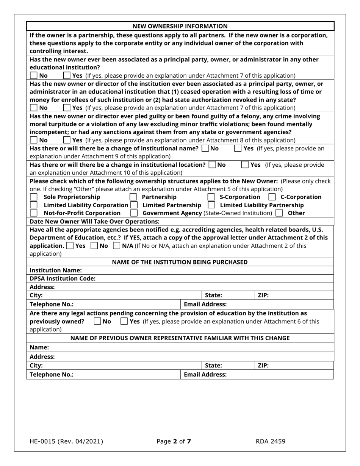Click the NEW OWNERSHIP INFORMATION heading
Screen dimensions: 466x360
180,26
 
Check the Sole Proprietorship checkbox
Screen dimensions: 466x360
34,197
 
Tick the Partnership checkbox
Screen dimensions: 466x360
133,197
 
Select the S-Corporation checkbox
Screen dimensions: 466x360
211,197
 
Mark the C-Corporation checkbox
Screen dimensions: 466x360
272,197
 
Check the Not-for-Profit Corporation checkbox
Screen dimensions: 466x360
34,213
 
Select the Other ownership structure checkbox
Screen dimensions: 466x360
279,213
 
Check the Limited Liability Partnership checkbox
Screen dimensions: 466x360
211,205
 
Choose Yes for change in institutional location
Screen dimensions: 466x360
245,165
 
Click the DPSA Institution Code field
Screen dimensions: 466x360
212,278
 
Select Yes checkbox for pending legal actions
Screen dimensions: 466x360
124,322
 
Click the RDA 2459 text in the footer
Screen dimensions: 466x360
271,441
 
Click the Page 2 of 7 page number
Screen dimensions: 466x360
174,441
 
